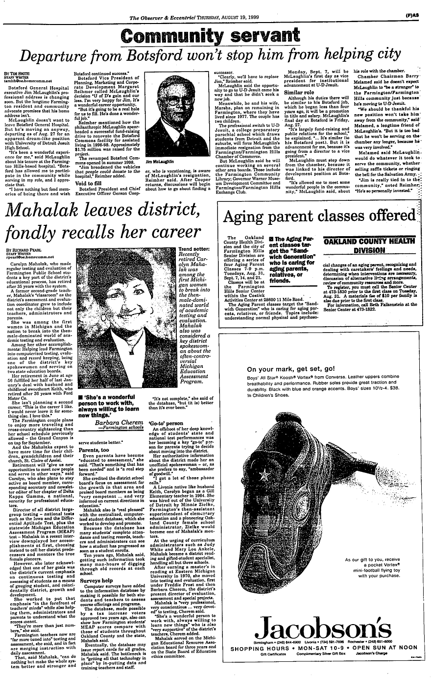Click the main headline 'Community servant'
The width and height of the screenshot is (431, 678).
pyautogui.click(x=215, y=36)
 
